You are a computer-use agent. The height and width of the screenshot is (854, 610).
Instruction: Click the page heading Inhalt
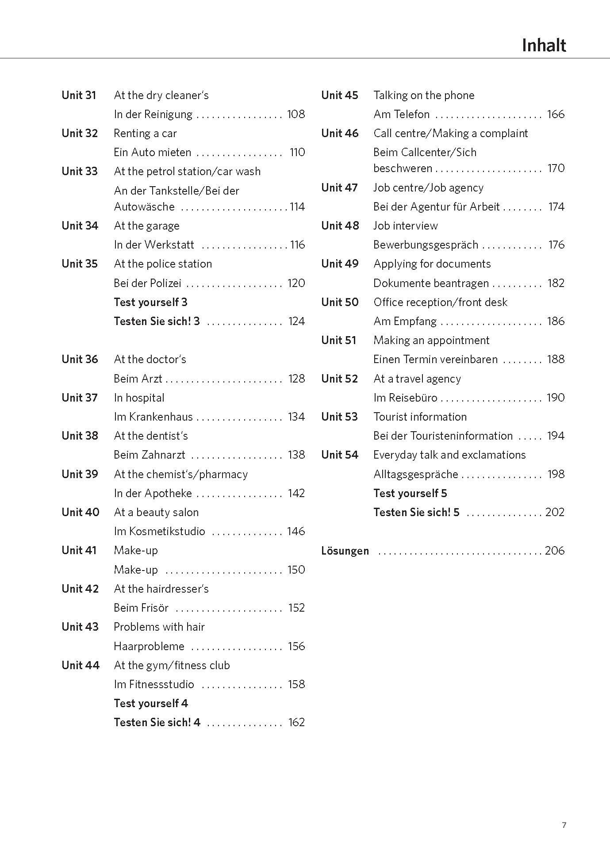pyautogui.click(x=544, y=46)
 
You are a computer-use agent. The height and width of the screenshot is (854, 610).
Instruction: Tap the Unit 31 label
pyautogui.click(x=79, y=95)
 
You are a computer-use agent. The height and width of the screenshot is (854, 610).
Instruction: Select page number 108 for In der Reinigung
pyautogui.click(x=296, y=114)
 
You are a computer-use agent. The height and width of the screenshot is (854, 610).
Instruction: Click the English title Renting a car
pyautogui.click(x=145, y=133)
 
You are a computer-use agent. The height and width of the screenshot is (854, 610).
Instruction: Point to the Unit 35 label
pyautogui.click(x=80, y=264)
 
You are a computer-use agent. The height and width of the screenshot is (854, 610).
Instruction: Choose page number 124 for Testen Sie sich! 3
pyautogui.click(x=296, y=321)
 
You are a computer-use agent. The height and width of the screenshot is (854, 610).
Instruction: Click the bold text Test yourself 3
pyautogui.click(x=150, y=302)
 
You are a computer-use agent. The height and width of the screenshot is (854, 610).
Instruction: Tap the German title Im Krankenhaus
pyautogui.click(x=153, y=417)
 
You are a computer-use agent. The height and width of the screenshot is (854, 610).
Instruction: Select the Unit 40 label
pyautogui.click(x=81, y=512)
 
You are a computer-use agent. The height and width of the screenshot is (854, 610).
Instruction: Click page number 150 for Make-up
pyautogui.click(x=296, y=570)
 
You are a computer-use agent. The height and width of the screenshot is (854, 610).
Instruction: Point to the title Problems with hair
pyautogui.click(x=159, y=627)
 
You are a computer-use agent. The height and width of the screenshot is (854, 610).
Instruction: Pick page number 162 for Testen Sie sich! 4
pyautogui.click(x=296, y=722)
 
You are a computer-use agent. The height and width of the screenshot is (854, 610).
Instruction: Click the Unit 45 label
pyautogui.click(x=340, y=95)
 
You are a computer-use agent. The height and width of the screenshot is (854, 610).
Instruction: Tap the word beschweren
pyautogui.click(x=403, y=169)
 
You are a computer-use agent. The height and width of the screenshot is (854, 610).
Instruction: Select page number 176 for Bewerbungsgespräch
pyautogui.click(x=556, y=245)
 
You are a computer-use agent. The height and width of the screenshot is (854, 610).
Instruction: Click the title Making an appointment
pyautogui.click(x=431, y=340)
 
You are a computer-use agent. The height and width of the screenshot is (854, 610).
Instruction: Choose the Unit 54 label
pyautogui.click(x=340, y=455)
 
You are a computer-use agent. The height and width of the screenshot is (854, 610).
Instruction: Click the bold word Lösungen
pyautogui.click(x=345, y=551)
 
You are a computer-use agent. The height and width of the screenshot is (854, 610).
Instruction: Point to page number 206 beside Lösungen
pyautogui.click(x=555, y=551)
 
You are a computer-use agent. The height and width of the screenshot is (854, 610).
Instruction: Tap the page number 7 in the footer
pyautogui.click(x=564, y=825)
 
